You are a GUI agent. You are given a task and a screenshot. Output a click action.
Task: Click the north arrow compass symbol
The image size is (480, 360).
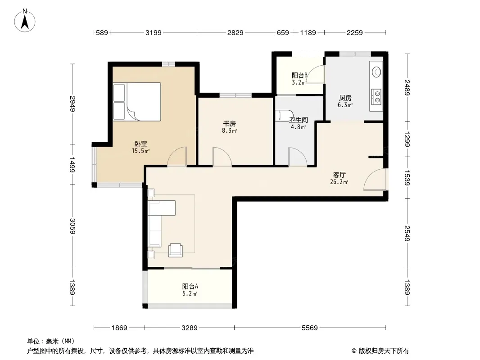tap(25, 21)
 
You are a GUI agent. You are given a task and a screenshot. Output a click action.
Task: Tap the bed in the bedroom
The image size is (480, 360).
tap(137, 102)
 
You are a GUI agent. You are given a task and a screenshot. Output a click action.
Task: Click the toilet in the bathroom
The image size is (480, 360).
tap(281, 115)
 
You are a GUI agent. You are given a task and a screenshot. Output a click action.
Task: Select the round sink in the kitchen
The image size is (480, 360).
tap(376, 72)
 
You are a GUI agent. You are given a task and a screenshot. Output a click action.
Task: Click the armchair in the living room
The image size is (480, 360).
tap(176, 250)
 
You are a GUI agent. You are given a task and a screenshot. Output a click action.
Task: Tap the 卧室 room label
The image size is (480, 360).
tap(141, 144)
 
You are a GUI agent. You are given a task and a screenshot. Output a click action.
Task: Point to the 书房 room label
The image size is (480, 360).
tap(229, 124)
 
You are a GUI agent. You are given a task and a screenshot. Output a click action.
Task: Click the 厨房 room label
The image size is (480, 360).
tap(345, 98)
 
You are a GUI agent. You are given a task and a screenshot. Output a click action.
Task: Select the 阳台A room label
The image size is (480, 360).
tap(190, 286)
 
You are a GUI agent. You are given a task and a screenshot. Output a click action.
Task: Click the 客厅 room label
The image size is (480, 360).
tap(339, 175)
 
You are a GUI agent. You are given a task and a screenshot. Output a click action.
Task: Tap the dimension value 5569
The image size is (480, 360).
tap(310, 328)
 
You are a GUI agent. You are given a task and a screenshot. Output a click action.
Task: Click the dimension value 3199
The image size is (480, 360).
tap(154, 32)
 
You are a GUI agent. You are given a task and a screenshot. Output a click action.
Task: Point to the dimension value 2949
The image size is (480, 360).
tap(72, 103)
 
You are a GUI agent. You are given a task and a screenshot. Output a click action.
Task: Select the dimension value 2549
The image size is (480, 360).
tap(407, 234)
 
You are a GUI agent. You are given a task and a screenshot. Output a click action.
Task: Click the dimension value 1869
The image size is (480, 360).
tap(119, 328)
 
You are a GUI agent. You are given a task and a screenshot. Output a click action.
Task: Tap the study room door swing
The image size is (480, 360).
tap(222, 157)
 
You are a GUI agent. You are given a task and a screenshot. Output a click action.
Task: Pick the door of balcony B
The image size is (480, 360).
tap(315, 75)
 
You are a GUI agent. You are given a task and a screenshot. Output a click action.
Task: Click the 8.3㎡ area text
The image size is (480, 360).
tap(230, 131)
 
